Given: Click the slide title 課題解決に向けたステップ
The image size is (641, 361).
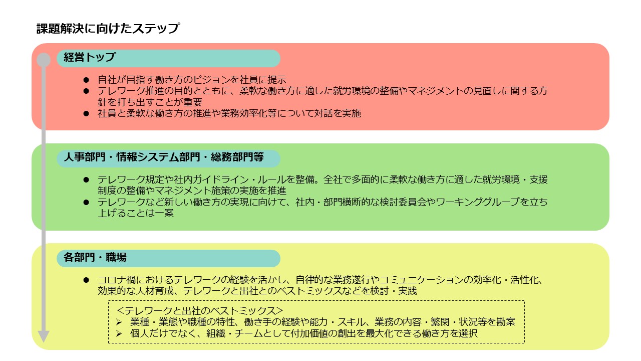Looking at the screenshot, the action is click(x=108, y=29).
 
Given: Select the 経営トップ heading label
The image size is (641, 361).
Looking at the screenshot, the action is click(x=90, y=57).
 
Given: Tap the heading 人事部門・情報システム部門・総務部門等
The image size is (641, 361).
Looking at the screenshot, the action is click(x=164, y=157).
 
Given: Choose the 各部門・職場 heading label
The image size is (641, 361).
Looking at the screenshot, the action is click(x=95, y=257).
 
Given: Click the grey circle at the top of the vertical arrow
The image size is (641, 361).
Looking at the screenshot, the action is click(x=44, y=60).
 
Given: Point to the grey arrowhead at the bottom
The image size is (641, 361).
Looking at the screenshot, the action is click(x=44, y=336).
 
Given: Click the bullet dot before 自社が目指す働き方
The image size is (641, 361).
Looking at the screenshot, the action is click(x=86, y=80).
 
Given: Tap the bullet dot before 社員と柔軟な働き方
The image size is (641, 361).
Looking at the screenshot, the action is click(x=86, y=114).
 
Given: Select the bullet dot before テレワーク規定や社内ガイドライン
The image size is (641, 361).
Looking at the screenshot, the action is click(x=86, y=180).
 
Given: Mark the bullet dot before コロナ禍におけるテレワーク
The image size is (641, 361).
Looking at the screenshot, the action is click(x=86, y=280).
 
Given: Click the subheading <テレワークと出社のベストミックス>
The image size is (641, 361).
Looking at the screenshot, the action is click(x=200, y=311).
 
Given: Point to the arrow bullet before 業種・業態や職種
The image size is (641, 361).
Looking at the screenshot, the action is click(x=119, y=322).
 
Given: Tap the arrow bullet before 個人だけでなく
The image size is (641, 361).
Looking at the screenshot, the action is click(x=119, y=334).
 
